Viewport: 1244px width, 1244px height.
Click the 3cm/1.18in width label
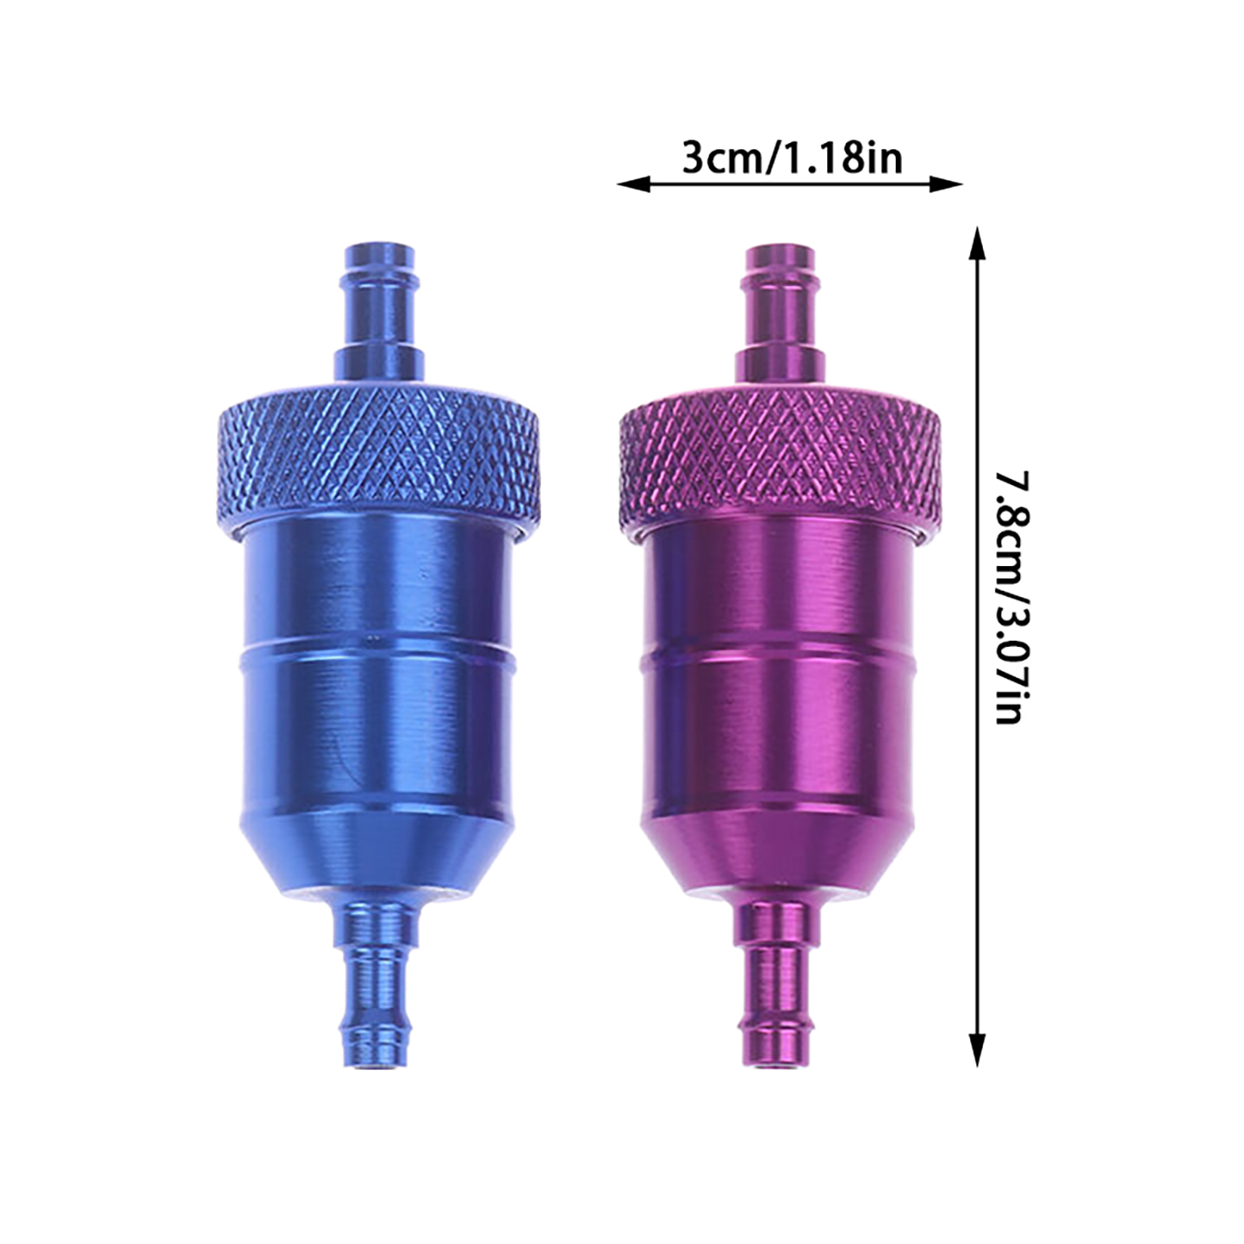click(x=792, y=159)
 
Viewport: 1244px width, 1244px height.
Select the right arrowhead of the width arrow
click(x=946, y=185)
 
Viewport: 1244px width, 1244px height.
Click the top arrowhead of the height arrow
click(x=977, y=243)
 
